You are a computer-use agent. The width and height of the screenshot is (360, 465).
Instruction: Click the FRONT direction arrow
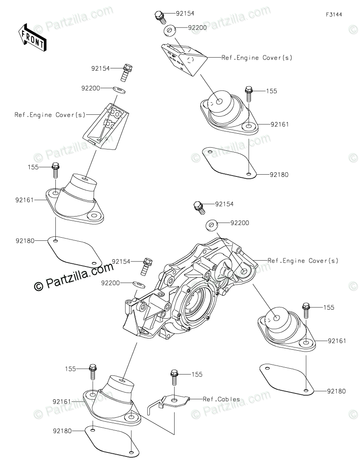pos(32,37)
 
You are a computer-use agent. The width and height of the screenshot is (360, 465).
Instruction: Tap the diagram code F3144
pos(334,14)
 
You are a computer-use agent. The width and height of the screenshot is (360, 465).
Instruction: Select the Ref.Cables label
pos(221,399)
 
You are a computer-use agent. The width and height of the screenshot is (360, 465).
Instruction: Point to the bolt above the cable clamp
pos(173,377)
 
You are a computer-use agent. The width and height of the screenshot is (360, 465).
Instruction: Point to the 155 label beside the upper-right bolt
pos(272,91)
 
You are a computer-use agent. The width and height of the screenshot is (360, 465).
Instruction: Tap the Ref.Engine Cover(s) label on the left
pos(49,115)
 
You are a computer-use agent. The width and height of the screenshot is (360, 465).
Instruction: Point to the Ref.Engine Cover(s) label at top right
pos(257,58)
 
